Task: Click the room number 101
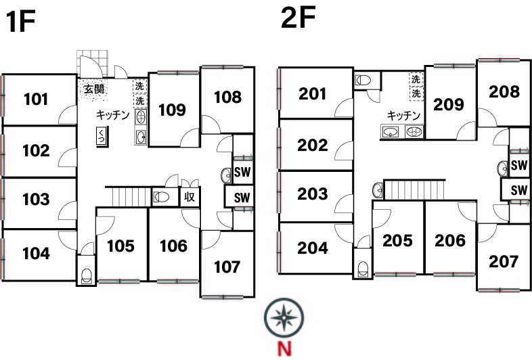[36, 99]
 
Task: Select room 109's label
[172, 110]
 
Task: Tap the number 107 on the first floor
[227, 267]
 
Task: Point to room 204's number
[313, 248]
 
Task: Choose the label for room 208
[504, 91]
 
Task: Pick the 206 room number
[450, 241]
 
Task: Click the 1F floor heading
[20, 22]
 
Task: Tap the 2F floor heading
[298, 17]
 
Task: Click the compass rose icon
[284, 318]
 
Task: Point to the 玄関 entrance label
[94, 89]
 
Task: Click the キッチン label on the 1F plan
[112, 115]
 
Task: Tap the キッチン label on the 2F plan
[403, 116]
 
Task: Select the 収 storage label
[190, 196]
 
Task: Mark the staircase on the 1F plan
[128, 196]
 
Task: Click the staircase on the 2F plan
[414, 189]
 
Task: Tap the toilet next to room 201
[363, 81]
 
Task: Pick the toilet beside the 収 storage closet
[161, 196]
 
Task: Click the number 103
[36, 199]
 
